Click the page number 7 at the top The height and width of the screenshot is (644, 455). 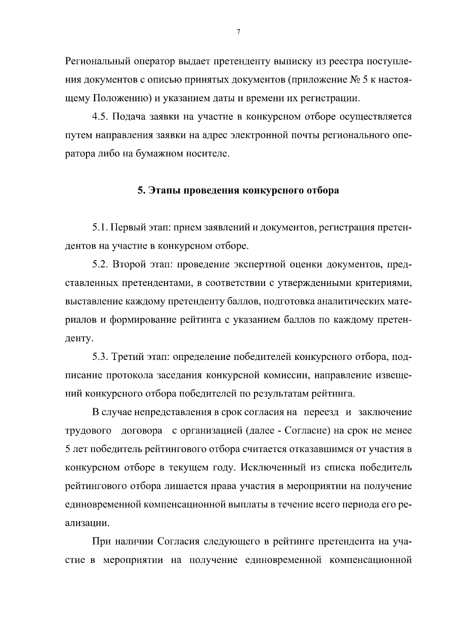(238, 32)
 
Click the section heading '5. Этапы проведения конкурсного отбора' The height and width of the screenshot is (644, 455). (238, 190)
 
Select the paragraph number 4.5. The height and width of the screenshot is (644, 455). (100, 117)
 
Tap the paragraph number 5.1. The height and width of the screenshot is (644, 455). (100, 228)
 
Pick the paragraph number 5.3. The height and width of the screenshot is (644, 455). (100, 357)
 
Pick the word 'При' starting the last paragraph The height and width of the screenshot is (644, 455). (101, 541)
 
